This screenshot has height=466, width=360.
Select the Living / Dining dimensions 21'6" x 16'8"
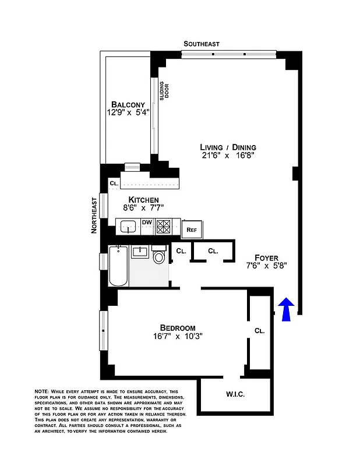228,156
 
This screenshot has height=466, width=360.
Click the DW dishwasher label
147,222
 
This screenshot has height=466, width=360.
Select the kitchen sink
128,227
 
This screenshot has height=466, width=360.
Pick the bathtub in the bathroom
118,266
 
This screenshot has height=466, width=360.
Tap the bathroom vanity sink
140,252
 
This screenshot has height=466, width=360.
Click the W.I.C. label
235,394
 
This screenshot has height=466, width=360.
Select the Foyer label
266,257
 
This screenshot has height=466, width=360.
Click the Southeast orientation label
201,44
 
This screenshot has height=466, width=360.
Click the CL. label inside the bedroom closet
259,330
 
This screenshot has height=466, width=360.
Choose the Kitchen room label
139,200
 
